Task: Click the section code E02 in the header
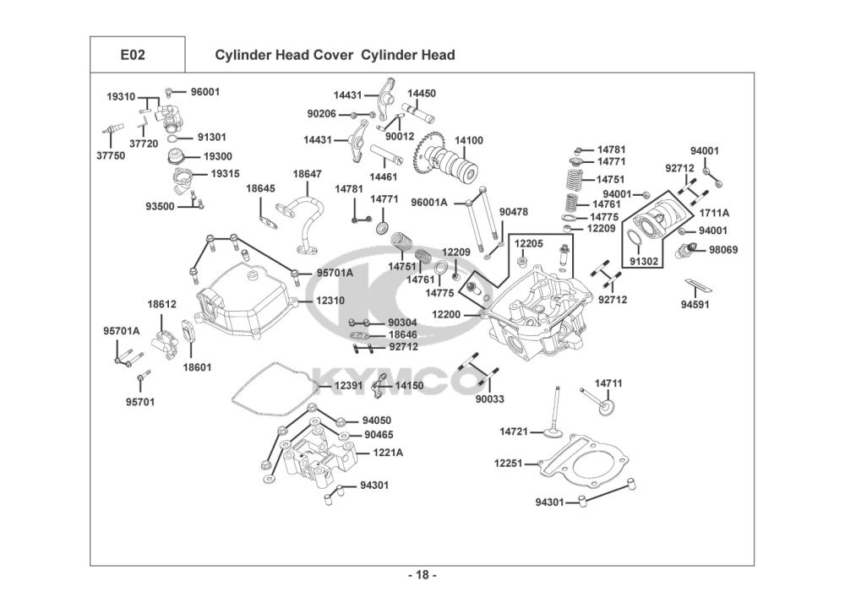pyautogui.click(x=133, y=55)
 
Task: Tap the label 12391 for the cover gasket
pyautogui.click(x=348, y=385)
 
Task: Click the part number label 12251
pyautogui.click(x=509, y=463)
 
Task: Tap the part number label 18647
pyautogui.click(x=307, y=173)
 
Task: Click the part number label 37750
pyautogui.click(x=111, y=155)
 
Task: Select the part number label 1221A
pyautogui.click(x=388, y=453)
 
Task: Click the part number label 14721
pyautogui.click(x=514, y=431)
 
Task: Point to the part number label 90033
pyautogui.click(x=489, y=399)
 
